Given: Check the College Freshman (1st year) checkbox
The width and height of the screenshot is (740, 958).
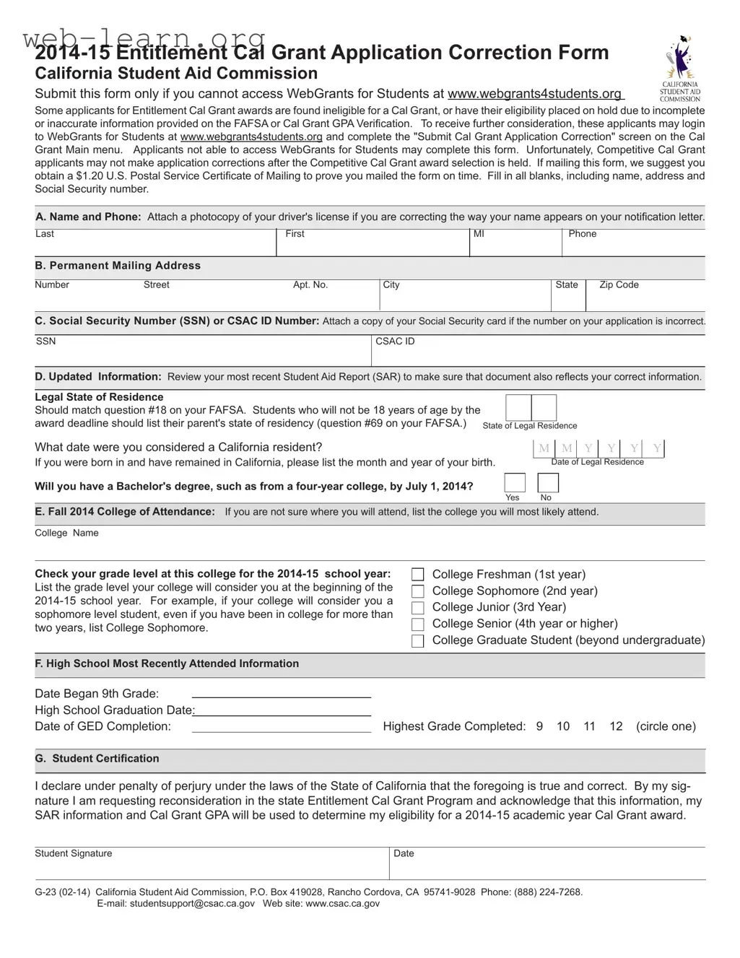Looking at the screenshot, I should point(417,575).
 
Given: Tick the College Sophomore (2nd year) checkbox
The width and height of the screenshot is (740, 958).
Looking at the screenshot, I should point(417,591).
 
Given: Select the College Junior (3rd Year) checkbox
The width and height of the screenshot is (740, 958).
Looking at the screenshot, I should point(417,608).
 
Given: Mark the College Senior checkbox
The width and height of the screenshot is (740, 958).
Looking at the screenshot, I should point(417,624).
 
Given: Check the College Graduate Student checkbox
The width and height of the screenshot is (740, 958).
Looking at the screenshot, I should point(417,641).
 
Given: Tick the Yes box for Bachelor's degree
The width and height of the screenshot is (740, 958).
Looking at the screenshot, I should point(514,482).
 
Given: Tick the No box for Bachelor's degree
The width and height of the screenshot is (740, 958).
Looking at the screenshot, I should point(548,482).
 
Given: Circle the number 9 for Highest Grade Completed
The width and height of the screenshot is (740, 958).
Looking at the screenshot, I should point(539,726).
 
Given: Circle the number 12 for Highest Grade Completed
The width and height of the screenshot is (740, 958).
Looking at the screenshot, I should point(615,726).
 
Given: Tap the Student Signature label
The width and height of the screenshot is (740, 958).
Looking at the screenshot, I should point(74,853).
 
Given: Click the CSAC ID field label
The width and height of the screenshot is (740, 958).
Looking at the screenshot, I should point(395,341).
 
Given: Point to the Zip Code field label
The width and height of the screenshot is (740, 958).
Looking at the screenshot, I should point(619,285).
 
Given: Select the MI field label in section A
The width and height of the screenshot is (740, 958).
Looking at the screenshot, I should point(479,234).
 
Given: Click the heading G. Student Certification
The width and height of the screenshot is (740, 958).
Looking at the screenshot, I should point(97,759).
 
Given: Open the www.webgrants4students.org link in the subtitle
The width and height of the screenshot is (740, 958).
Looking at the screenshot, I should point(534,94).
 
